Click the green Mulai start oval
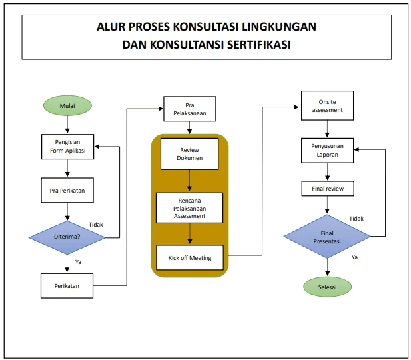click(67, 105)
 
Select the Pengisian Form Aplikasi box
click(68, 147)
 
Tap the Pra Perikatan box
click(67, 190)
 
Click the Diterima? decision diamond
click(67, 237)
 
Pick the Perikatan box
click(67, 286)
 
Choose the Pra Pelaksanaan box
click(190, 109)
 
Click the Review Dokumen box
click(189, 154)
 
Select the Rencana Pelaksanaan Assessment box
click(189, 208)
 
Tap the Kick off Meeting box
click(190, 258)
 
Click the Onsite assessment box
click(327, 105)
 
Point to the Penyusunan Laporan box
click(327, 151)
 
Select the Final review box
click(328, 189)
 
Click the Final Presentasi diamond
click(327, 237)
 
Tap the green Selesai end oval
click(327, 287)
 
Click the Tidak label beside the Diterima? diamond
click(96, 225)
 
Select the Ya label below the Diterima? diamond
click(78, 262)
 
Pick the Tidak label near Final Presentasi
click(356, 219)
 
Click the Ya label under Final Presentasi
click(354, 257)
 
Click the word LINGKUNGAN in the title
click(279, 27)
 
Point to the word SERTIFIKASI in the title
click(258, 45)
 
